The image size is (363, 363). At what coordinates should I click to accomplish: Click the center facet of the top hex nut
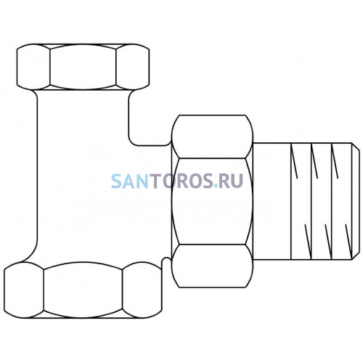click(83, 67)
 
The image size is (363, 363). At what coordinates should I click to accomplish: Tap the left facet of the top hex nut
click(33, 67)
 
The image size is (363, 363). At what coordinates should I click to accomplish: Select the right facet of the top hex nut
click(133, 67)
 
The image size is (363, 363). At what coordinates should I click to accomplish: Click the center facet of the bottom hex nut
click(83, 290)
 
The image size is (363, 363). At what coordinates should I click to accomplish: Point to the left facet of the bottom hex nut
click(24, 290)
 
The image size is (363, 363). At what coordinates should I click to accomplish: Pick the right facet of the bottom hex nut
click(142, 290)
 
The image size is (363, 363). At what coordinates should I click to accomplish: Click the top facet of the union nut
click(212, 136)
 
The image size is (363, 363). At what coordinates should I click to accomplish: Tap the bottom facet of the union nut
click(212, 266)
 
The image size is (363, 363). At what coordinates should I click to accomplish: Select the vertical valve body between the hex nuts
click(83, 176)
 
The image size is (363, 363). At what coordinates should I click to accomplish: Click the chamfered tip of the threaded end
click(356, 201)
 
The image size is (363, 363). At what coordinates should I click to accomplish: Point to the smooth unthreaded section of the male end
click(272, 201)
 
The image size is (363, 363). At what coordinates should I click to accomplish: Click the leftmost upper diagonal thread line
click(294, 161)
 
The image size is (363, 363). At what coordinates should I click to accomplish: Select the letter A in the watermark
click(129, 181)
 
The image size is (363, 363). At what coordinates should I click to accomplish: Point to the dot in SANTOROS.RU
click(216, 186)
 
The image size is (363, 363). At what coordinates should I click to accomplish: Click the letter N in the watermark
click(143, 181)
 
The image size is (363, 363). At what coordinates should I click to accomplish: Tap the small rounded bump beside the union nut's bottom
click(166, 261)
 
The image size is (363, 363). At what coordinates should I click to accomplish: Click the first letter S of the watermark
click(116, 181)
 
